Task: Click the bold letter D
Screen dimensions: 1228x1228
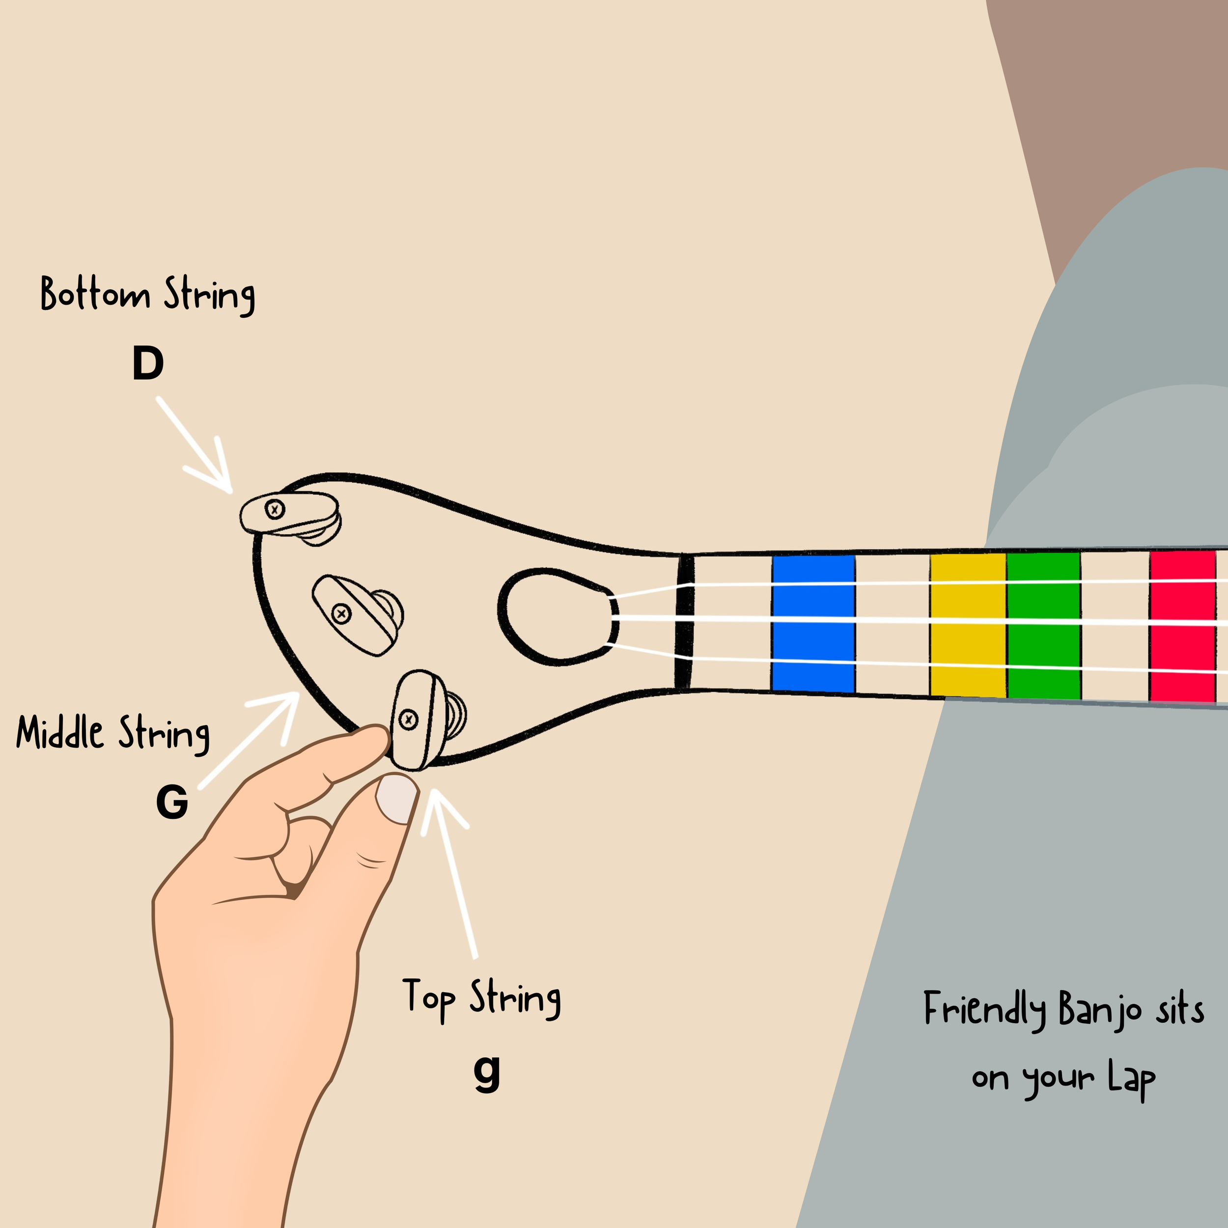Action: tap(148, 363)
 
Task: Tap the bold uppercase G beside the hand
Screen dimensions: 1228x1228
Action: tap(171, 802)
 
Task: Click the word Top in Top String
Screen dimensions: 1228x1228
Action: tap(428, 997)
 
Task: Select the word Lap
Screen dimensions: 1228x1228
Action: tap(1131, 1079)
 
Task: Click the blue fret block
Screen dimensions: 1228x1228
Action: tap(813, 623)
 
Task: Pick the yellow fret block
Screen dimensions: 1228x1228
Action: tap(967, 625)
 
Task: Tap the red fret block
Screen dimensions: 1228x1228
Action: tap(1182, 627)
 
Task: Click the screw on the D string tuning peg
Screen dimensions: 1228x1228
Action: tap(275, 509)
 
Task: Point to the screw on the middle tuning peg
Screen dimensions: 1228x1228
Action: tap(342, 614)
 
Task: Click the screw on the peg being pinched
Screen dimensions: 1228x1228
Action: tap(408, 720)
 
